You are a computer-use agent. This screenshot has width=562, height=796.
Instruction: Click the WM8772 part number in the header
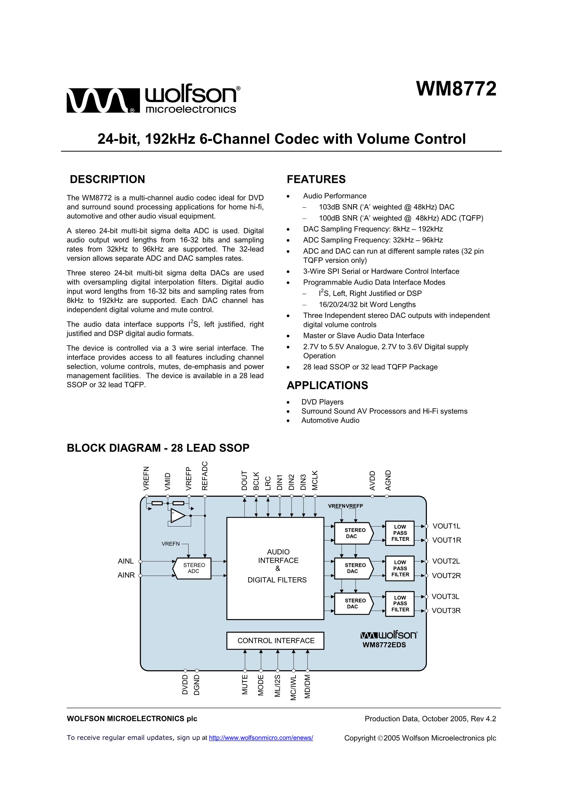pyautogui.click(x=456, y=89)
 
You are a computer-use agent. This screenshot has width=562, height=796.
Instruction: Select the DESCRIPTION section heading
pyautogui.click(x=107, y=179)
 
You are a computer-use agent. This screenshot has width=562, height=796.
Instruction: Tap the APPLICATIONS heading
pyautogui.click(x=327, y=385)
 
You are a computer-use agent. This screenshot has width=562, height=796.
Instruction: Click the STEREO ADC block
pyautogui.click(x=193, y=568)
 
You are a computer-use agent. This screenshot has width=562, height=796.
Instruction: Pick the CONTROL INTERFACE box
pyautogui.click(x=275, y=641)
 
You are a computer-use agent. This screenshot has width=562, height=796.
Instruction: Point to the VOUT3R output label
pyautogui.click(x=446, y=611)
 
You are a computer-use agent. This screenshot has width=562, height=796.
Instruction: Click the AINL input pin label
pyautogui.click(x=125, y=561)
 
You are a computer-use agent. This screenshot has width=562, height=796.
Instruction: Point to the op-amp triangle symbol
pyautogui.click(x=177, y=516)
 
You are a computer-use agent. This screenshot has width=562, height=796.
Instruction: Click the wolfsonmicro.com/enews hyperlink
pyautogui.click(x=261, y=738)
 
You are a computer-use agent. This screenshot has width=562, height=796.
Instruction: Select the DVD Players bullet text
pyautogui.click(x=322, y=402)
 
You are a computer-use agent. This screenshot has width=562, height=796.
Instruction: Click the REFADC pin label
pyautogui.click(x=205, y=476)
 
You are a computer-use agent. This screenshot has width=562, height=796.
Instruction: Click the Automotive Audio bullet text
pyautogui.click(x=330, y=420)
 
